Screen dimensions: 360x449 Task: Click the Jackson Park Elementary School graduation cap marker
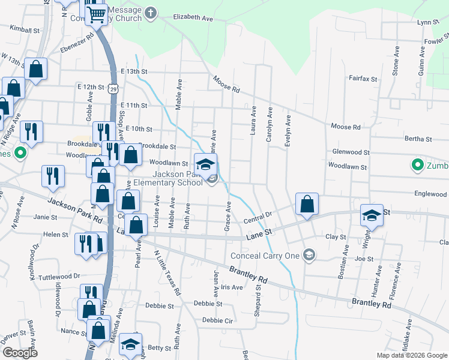pyautogui.click(x=205, y=164)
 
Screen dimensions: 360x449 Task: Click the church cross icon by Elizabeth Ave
pyautogui.click(x=150, y=12)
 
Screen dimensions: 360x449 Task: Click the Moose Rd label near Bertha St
pyautogui.click(x=345, y=127)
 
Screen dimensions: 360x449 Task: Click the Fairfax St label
pyautogui.click(x=363, y=79)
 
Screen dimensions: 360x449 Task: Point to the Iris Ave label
pyautogui.click(x=232, y=287)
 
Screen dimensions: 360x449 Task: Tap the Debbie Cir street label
pyautogui.click(x=217, y=320)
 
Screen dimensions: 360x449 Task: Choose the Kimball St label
pyautogui.click(x=25, y=29)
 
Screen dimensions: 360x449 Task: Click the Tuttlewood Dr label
pyautogui.click(x=59, y=277)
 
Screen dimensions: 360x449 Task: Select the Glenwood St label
pyautogui.click(x=349, y=152)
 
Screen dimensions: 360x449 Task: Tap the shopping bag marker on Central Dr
pyautogui.click(x=307, y=204)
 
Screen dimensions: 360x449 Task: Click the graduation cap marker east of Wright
pyautogui.click(x=372, y=216)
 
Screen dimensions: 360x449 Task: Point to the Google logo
pyautogui.click(x=20, y=353)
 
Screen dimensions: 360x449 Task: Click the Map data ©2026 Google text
pyautogui.click(x=411, y=355)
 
